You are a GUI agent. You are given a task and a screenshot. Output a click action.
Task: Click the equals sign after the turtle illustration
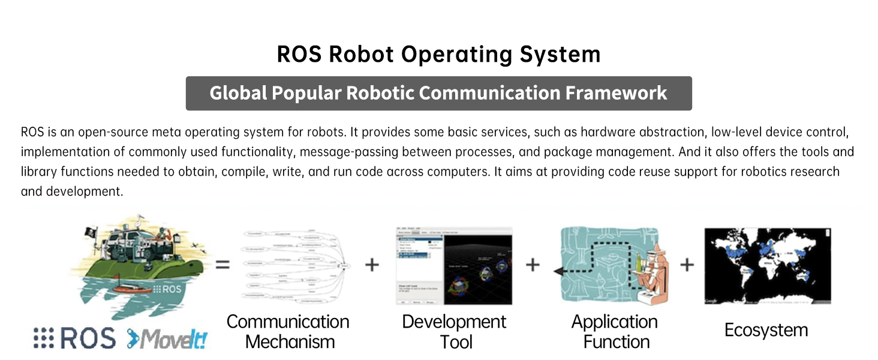(x=222, y=264)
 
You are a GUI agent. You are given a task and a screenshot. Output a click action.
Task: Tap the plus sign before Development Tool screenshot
(x=372, y=264)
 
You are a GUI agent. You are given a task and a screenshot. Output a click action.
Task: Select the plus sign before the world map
(x=687, y=264)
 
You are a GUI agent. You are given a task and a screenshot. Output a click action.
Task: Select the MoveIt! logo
(x=167, y=339)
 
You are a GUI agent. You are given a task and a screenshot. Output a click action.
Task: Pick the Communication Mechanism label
(x=288, y=331)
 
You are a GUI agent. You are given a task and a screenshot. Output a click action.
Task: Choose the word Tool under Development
(x=456, y=342)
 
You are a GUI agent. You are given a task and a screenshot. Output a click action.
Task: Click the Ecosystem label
(x=766, y=330)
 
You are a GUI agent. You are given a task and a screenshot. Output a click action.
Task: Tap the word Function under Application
(x=617, y=342)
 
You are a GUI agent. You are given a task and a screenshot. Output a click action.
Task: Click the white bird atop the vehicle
(x=140, y=218)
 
